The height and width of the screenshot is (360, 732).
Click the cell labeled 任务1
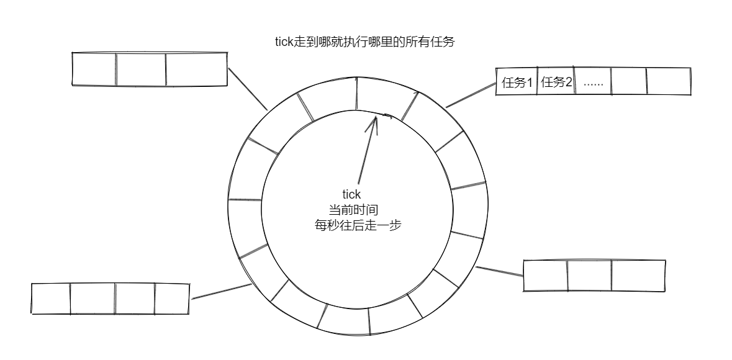(517, 82)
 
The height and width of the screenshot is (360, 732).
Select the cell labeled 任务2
(556, 82)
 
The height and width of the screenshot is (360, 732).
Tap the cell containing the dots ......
(594, 82)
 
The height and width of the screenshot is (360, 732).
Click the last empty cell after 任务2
(669, 81)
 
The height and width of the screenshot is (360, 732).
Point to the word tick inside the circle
(351, 195)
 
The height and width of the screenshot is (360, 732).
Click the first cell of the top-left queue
(94, 69)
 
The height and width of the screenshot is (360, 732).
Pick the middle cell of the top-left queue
(141, 69)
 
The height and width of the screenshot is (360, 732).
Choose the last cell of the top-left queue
(196, 69)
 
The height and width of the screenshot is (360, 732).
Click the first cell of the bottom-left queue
(50, 299)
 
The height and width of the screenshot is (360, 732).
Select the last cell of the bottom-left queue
(171, 298)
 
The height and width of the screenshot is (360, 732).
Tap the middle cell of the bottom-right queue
(589, 276)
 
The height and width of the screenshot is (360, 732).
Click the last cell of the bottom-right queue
(638, 275)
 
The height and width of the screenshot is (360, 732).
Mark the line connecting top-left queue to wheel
(248, 88)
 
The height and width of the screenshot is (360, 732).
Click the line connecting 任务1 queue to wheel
(471, 94)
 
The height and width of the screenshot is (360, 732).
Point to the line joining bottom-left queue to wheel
(220, 291)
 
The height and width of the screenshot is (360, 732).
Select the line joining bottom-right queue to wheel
(499, 271)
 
